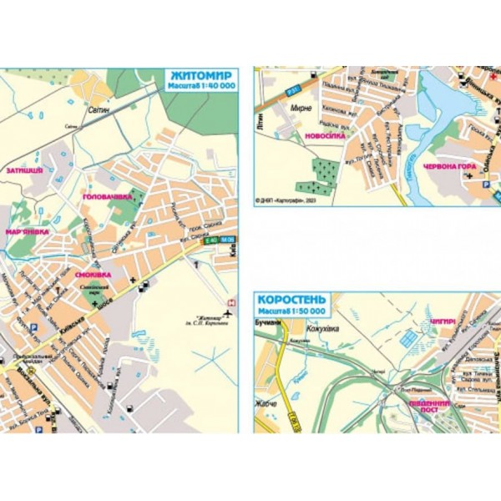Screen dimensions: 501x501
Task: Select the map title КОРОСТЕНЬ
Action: [291, 300]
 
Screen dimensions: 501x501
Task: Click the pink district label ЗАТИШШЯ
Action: [24, 170]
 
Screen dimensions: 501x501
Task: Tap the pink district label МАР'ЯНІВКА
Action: [28, 231]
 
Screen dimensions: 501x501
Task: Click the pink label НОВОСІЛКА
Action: [325, 134]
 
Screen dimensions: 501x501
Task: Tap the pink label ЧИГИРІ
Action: [443, 319]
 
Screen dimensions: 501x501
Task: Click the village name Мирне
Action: [301, 108]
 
